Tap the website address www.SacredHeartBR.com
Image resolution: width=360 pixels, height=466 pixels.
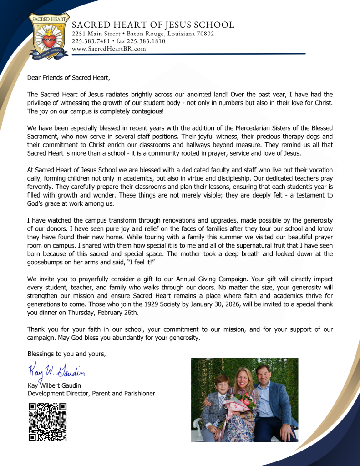(x=109, y=49)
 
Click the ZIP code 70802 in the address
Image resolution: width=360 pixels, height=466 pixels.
(x=203, y=34)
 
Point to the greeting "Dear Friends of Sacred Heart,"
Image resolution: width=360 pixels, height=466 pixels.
(x=69, y=77)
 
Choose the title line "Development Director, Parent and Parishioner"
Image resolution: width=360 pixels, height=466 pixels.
(x=91, y=394)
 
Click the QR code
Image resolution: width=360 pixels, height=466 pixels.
(x=47, y=422)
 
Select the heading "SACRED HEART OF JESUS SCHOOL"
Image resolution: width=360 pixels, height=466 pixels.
(x=153, y=25)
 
